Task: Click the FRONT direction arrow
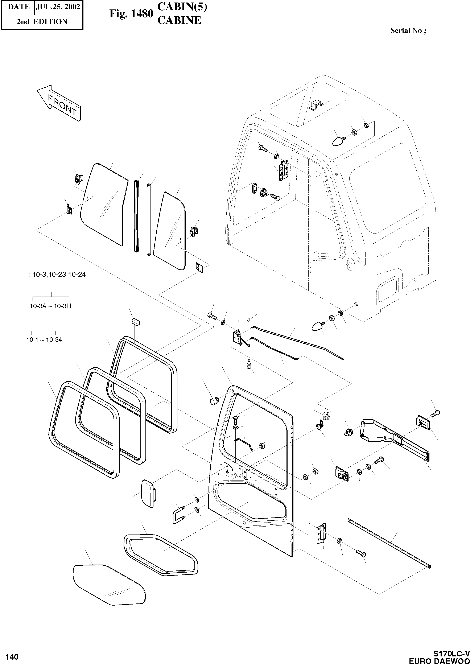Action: tap(59, 103)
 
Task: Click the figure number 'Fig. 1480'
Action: tap(131, 14)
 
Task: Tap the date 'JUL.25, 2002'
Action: tap(58, 7)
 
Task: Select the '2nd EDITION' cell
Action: tap(42, 22)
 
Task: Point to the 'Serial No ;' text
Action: tap(408, 31)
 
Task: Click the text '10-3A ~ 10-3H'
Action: tap(50, 306)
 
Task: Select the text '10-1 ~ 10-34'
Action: tap(44, 340)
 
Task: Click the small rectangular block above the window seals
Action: tap(135, 321)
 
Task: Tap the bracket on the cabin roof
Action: tap(316, 105)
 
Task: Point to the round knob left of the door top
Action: tap(214, 401)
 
